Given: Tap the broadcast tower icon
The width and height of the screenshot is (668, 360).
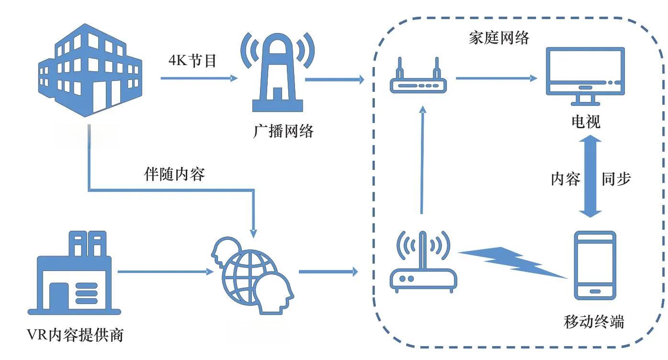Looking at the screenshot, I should [277, 72].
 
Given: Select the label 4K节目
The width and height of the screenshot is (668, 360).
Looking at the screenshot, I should [192, 61].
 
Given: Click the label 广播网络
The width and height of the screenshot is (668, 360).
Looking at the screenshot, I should [283, 131].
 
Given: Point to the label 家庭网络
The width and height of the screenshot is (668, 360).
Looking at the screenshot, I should [499, 38].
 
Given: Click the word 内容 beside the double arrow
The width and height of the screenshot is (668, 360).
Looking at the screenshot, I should [566, 179].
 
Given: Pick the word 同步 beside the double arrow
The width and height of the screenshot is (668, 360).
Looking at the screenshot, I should [616, 179].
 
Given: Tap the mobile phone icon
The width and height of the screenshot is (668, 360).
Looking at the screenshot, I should [595, 266].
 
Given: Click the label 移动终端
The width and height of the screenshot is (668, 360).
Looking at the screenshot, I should [594, 322].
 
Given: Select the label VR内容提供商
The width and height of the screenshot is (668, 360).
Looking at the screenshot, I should [75, 335].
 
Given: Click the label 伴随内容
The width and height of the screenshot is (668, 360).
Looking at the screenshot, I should [174, 174].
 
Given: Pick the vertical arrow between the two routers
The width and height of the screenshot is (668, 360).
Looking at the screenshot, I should [422, 160].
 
